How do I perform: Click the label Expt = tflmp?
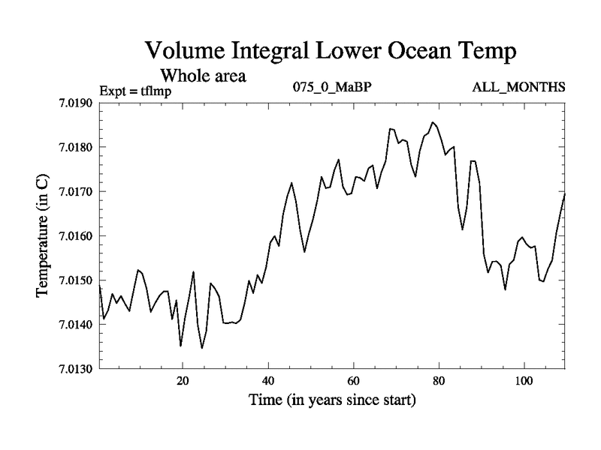point(135,92)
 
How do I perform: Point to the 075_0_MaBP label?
point(333,87)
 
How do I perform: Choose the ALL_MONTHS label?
point(518,87)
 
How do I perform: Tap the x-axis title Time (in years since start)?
point(332,400)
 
